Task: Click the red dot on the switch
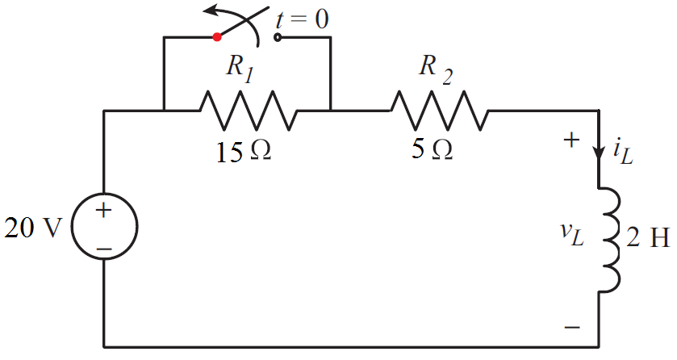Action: [216, 36]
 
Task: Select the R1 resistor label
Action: [240, 69]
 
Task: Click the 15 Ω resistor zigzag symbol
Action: [249, 111]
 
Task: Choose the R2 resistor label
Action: [436, 69]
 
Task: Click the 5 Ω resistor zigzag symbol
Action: [440, 111]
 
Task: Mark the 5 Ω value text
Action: [432, 149]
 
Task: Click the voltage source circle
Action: [105, 229]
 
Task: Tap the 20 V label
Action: [32, 229]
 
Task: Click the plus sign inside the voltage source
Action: [104, 211]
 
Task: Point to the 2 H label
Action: [647, 237]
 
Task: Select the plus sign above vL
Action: [571, 140]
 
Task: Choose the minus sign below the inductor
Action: [571, 328]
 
